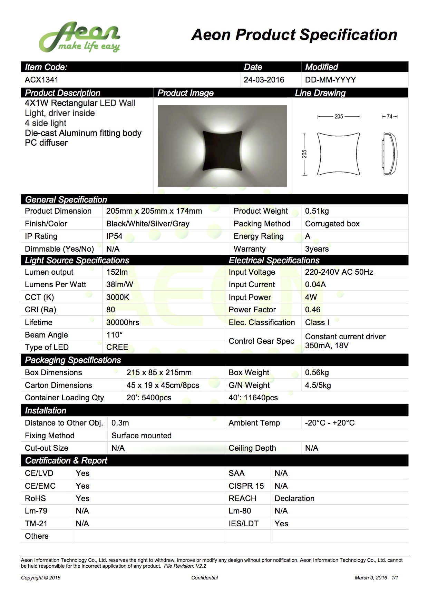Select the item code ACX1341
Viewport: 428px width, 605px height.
pyautogui.click(x=41, y=80)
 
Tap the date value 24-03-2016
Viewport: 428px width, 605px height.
pyautogui.click(x=264, y=80)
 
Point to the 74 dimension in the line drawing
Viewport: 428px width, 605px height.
pyautogui.click(x=389, y=117)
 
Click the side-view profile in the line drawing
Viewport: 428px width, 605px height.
pyautogui.click(x=389, y=154)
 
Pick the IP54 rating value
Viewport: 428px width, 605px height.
pyautogui.click(x=114, y=236)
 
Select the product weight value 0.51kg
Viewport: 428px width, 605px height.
pyautogui.click(x=317, y=211)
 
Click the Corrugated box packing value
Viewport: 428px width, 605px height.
pyautogui.click(x=332, y=224)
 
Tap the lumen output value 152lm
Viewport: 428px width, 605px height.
pyautogui.click(x=117, y=272)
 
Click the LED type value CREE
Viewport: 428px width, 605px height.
pyautogui.click(x=117, y=347)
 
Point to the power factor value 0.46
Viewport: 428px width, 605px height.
pyautogui.click(x=312, y=310)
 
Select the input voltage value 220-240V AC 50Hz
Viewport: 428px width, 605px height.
pyautogui.click(x=339, y=272)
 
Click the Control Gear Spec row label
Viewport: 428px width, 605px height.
pyautogui.click(x=261, y=341)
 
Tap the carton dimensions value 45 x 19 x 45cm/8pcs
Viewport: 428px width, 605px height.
pyautogui.click(x=163, y=385)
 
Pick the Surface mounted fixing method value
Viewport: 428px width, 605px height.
pyautogui.click(x=141, y=436)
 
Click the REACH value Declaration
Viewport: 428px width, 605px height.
pyautogui.click(x=294, y=498)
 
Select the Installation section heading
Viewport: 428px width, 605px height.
pyautogui.click(x=46, y=410)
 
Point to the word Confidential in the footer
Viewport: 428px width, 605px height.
pyautogui.click(x=205, y=578)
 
